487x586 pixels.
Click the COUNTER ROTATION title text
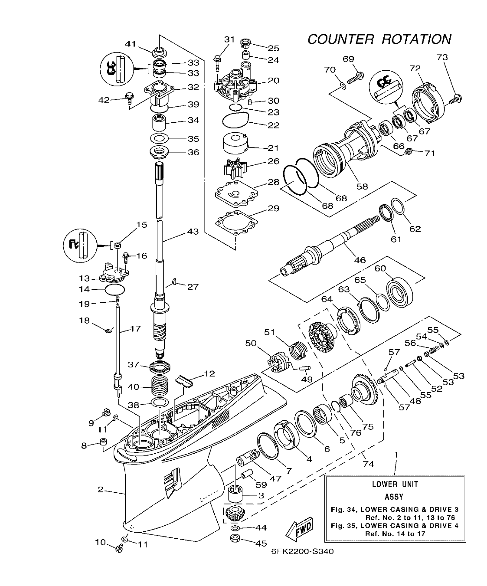(x=379, y=39)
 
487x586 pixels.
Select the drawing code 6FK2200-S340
(x=302, y=551)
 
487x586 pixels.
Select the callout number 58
(x=362, y=186)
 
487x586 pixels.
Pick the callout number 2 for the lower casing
(x=100, y=490)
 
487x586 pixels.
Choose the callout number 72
(x=415, y=68)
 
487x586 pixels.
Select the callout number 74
(x=368, y=464)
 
